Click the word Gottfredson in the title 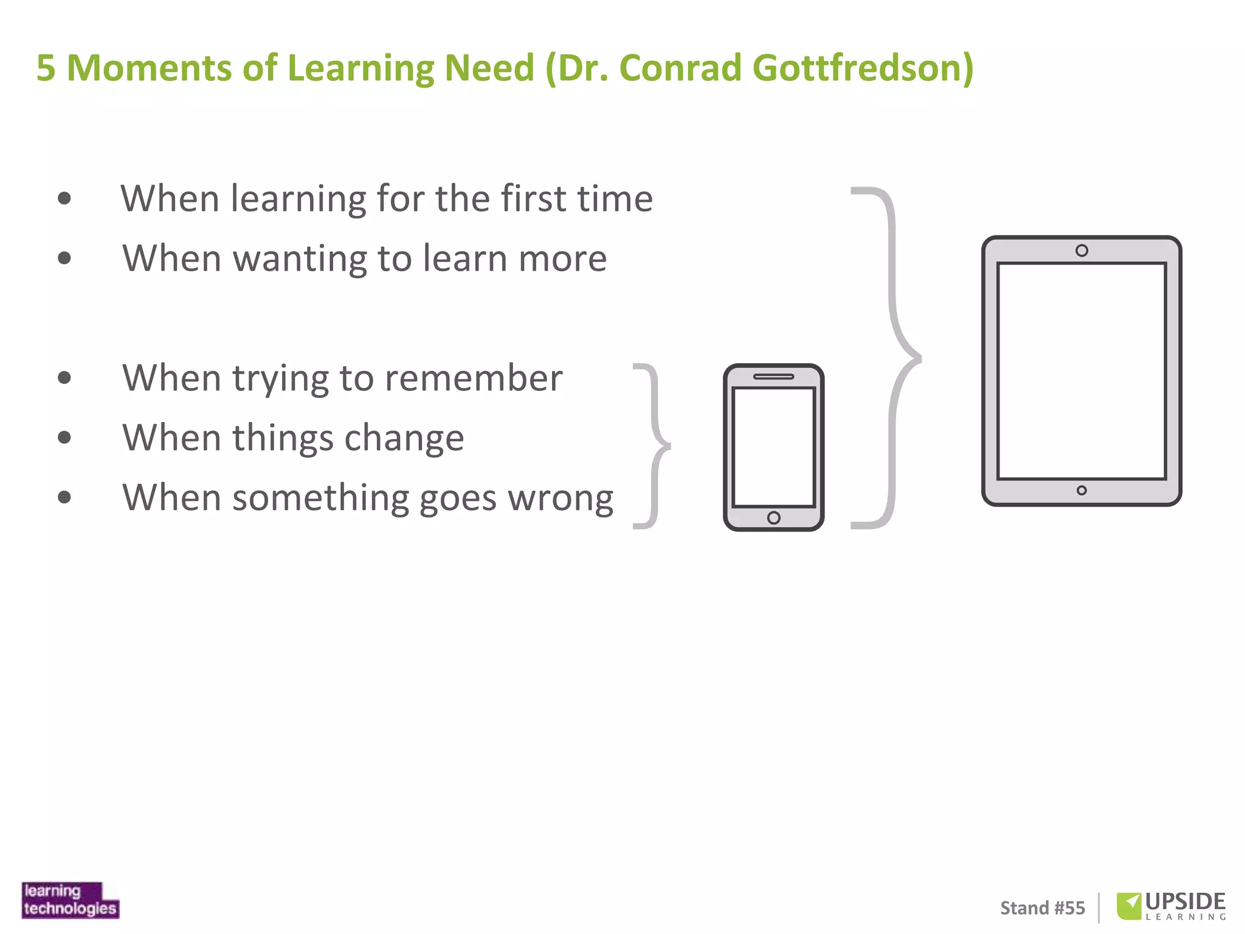coord(862,67)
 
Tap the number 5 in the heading coord(46,67)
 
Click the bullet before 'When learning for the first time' coord(64,198)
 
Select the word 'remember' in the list coord(474,378)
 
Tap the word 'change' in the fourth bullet coord(404,438)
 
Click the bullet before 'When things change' coord(64,437)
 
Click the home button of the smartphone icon coord(773,517)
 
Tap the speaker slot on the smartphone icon coord(773,376)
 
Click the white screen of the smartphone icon coord(773,447)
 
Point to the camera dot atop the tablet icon coord(1081,251)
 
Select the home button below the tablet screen coord(1081,490)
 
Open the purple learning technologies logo coord(71,900)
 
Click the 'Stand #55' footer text coord(1043,908)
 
